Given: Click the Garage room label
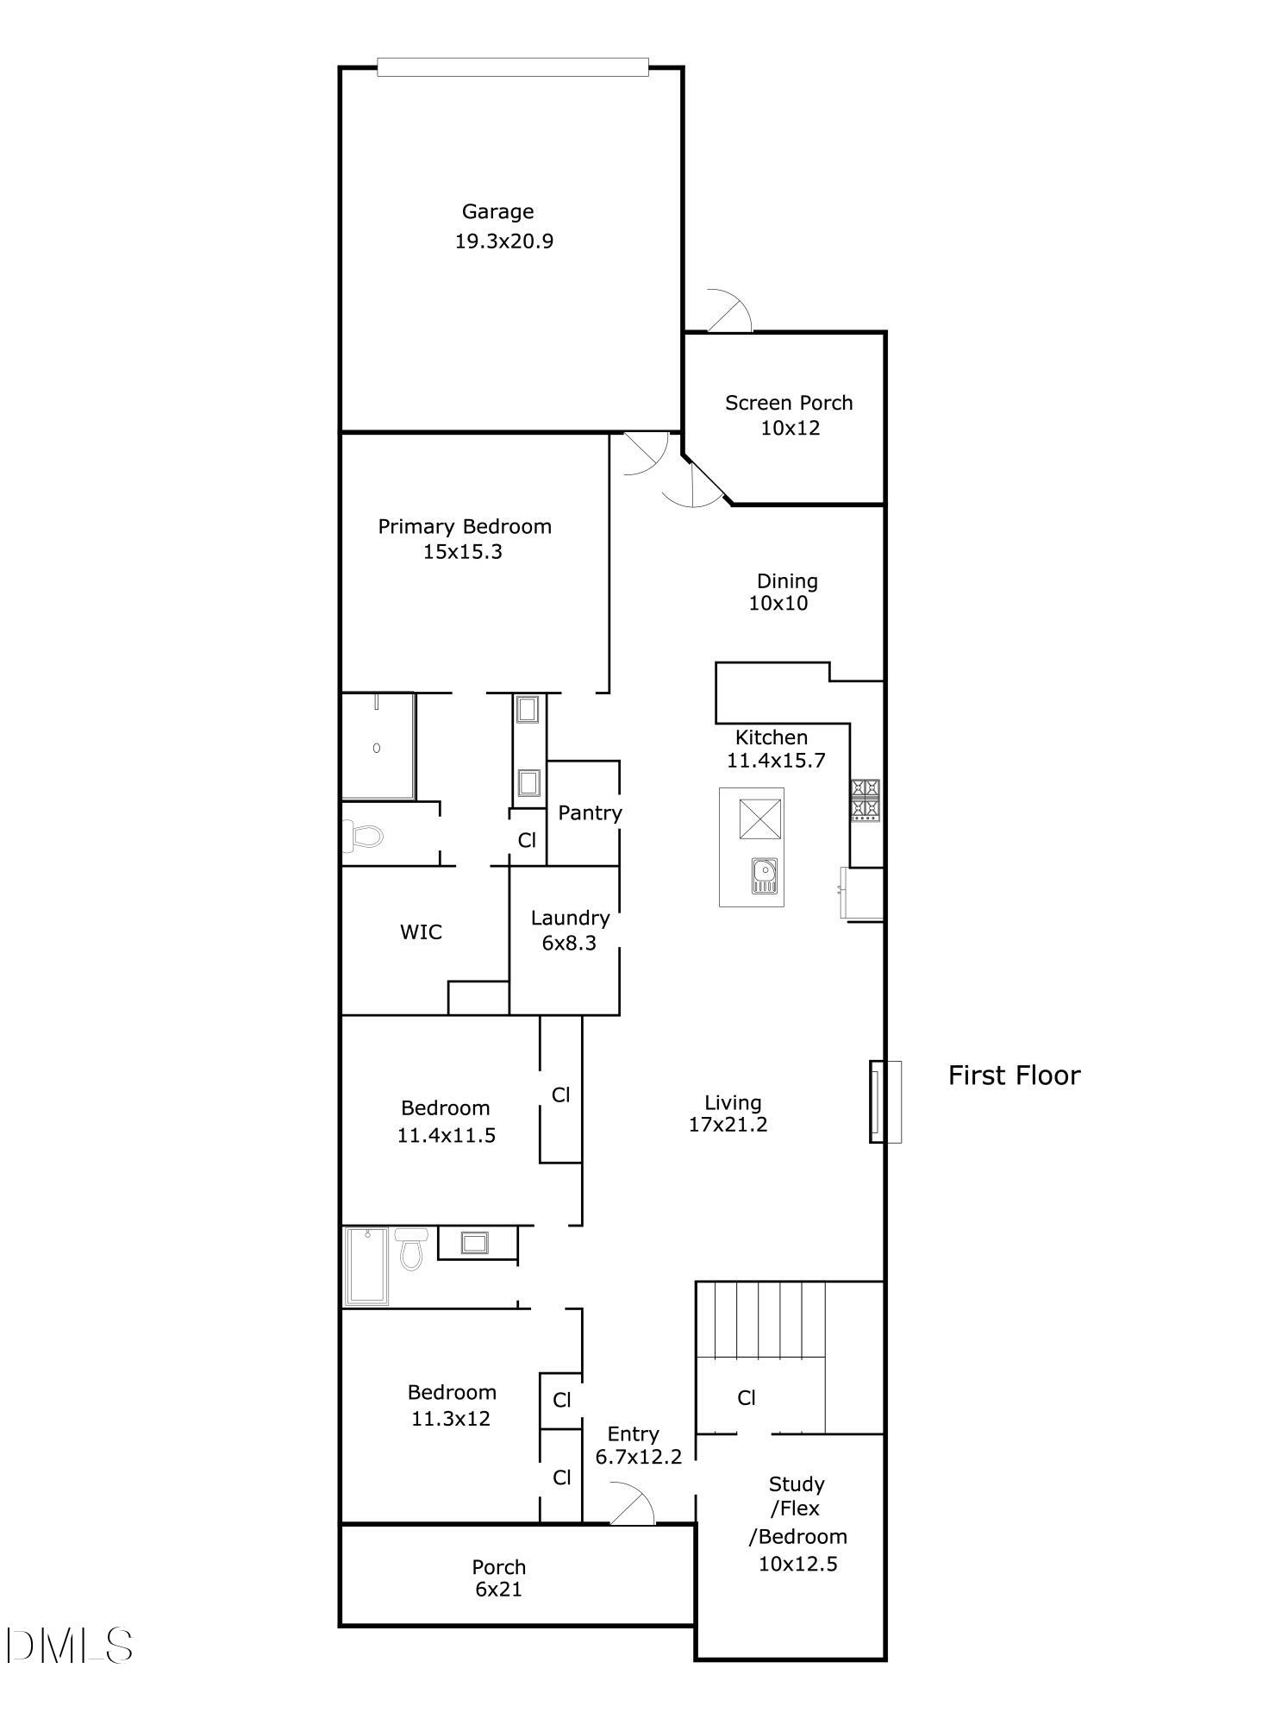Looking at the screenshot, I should click(x=497, y=211).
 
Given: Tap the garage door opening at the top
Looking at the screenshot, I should click(x=512, y=67).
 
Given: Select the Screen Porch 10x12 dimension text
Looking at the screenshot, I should click(x=790, y=428).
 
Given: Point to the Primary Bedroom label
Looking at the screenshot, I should click(x=465, y=526).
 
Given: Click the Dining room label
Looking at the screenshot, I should click(x=786, y=581).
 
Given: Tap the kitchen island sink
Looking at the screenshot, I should click(x=765, y=875).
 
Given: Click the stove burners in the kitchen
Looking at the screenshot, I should click(x=866, y=800).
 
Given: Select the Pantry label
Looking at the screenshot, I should click(x=590, y=812).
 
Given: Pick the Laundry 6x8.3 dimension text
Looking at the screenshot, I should click(x=569, y=943).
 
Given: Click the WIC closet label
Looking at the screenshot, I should click(x=421, y=931).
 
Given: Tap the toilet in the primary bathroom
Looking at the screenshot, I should click(x=366, y=835).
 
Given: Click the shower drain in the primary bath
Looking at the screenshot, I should click(x=377, y=748).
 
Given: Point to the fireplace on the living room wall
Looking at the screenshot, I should click(x=884, y=1101).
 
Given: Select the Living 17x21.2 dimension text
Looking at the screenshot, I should click(x=728, y=1125).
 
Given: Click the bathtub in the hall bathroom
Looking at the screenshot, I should click(x=367, y=1265).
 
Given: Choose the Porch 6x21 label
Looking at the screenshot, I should click(x=498, y=1567).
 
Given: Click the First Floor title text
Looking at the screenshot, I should click(x=1014, y=1076).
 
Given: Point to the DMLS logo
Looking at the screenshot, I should click(x=69, y=1646).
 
